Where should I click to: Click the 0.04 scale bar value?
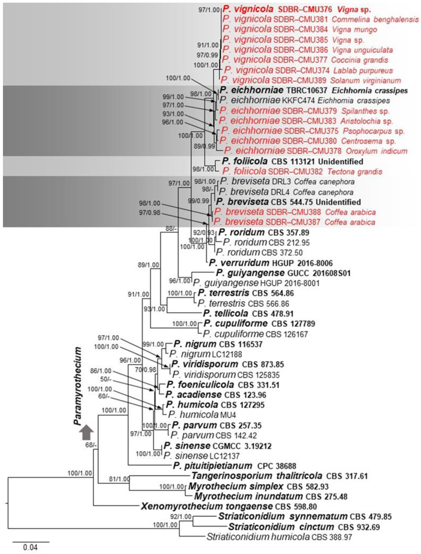[30, 547]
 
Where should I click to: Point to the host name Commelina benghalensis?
[375, 20]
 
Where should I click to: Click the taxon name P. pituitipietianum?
[212, 466]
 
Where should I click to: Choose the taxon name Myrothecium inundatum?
[248, 496]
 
